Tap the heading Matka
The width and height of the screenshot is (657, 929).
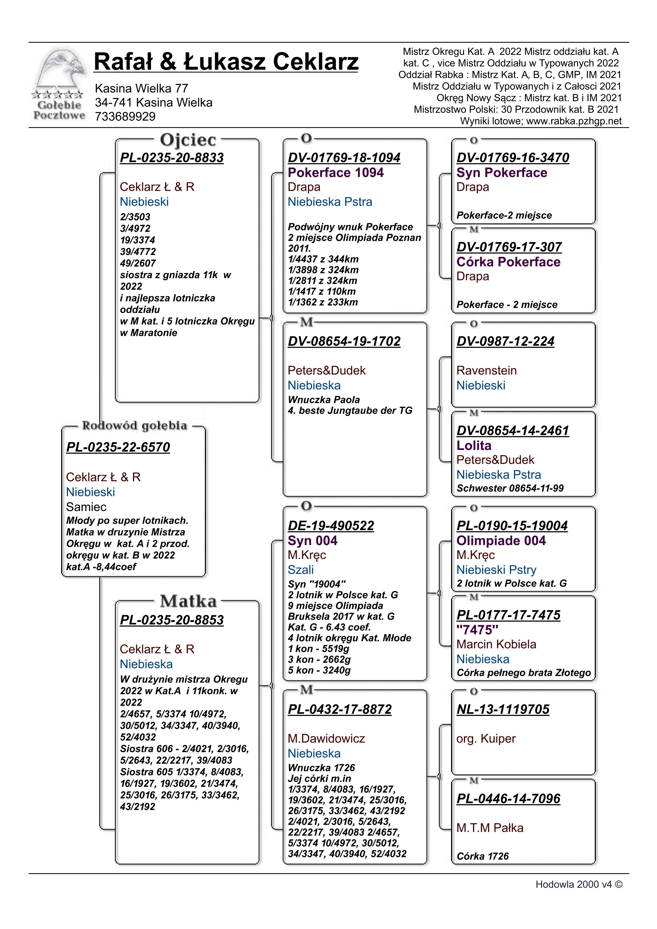[188, 601]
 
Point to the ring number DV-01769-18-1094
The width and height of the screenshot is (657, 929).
[344, 158]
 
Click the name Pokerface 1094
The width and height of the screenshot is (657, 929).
[335, 173]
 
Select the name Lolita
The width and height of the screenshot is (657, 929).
[474, 445]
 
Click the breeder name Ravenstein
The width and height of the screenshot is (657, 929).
[486, 371]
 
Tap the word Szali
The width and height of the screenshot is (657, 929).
[301, 570]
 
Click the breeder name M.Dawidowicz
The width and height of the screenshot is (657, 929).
[326, 738]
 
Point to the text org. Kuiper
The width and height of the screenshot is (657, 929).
[486, 738]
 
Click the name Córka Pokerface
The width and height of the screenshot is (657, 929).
[508, 262]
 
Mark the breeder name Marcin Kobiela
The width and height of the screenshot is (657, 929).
[496, 644]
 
